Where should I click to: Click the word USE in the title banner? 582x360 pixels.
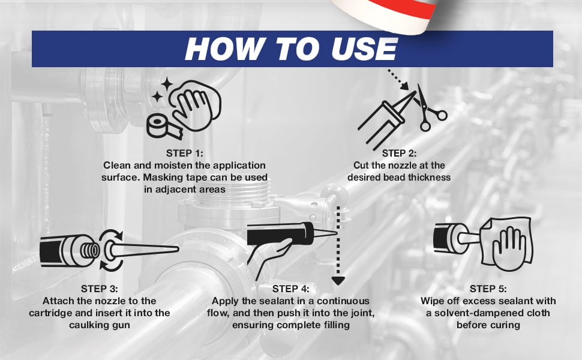364,49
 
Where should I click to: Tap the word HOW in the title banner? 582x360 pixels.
223,49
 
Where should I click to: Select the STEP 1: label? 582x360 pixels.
184,153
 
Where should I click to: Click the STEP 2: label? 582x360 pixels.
399,153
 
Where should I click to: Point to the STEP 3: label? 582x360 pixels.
99,289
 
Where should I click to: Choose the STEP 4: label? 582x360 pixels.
290,289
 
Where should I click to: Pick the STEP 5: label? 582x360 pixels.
488,289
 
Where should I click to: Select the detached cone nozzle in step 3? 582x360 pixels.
140,250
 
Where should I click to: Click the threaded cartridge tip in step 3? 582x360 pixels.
89,251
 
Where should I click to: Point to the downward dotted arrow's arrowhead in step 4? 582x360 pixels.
338,281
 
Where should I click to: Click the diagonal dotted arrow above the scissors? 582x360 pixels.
398,79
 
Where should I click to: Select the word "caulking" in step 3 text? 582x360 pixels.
88,325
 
